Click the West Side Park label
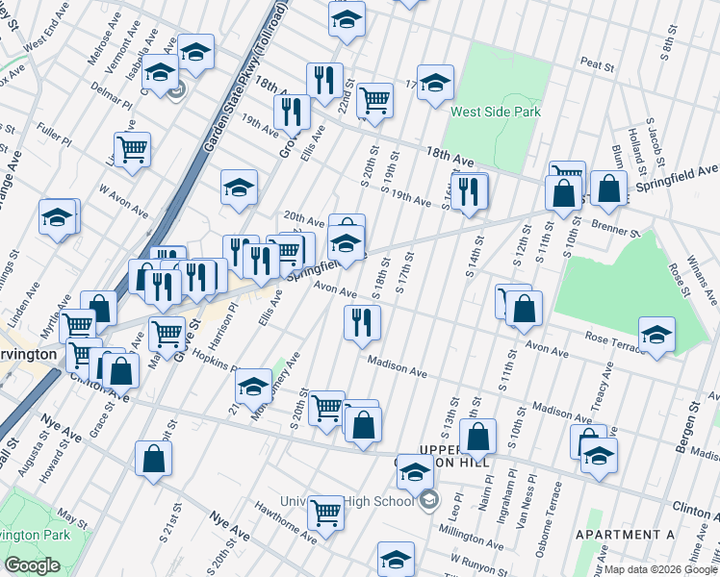495,112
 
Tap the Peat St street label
597,65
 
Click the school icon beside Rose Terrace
656,335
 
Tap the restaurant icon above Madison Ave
362,322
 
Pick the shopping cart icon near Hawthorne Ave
325,513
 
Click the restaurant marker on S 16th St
469,190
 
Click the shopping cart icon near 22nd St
374,99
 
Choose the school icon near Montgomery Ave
253,387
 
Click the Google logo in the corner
32,565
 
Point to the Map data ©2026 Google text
659,569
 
